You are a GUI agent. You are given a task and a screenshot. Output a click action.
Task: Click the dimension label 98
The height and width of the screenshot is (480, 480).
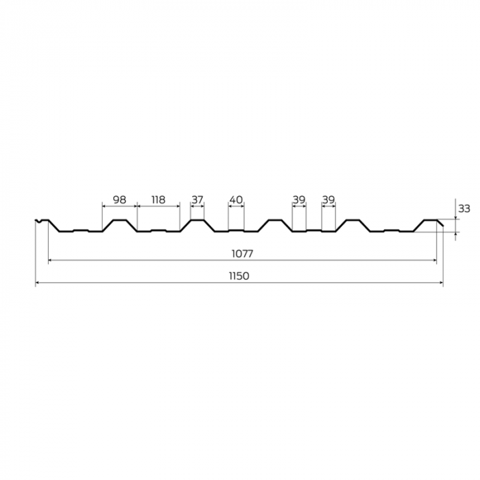click(119, 200)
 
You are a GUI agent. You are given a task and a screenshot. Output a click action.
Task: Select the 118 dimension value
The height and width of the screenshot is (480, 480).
click(158, 200)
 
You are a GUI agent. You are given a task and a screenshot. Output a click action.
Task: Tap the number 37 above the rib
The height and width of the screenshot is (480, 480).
click(197, 200)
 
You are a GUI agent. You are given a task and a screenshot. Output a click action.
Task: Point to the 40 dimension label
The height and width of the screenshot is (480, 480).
click(236, 200)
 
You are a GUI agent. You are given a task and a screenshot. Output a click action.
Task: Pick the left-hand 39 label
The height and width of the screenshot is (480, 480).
click(299, 200)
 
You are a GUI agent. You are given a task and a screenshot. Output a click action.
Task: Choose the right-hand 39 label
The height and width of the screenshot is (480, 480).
click(328, 200)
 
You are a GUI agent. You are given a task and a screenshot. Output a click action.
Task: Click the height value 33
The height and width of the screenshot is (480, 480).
click(464, 208)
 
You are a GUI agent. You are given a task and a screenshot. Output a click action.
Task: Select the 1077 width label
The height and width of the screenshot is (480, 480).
click(242, 254)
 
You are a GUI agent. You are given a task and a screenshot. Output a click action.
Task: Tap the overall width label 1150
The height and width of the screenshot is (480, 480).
click(239, 276)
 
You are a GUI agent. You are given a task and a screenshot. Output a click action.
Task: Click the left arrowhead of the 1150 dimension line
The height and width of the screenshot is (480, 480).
click(37, 283)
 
